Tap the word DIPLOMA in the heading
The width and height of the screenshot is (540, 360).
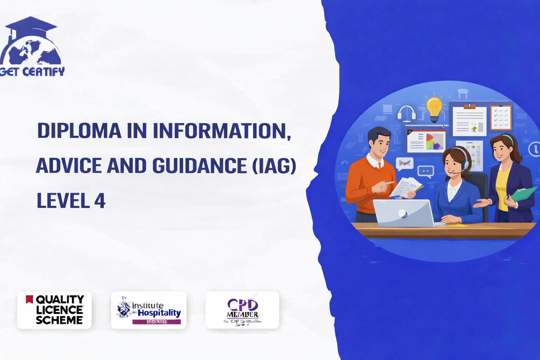(79, 131)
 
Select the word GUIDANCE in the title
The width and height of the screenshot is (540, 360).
(199, 166)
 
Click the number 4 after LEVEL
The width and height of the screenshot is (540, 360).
(100, 201)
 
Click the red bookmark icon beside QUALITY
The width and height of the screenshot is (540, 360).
(30, 299)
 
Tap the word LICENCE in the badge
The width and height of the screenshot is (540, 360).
(59, 310)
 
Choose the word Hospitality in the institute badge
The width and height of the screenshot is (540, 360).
(159, 313)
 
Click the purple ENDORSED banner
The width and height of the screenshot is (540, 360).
(156, 322)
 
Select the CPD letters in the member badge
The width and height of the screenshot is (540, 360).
(243, 304)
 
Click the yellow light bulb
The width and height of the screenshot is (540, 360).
(434, 108)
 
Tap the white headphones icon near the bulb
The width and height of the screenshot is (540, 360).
(406, 113)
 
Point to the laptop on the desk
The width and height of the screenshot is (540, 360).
(404, 213)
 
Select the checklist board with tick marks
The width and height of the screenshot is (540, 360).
(501, 117)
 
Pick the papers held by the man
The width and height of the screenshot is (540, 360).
(406, 186)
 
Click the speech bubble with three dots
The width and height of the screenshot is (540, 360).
(426, 172)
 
